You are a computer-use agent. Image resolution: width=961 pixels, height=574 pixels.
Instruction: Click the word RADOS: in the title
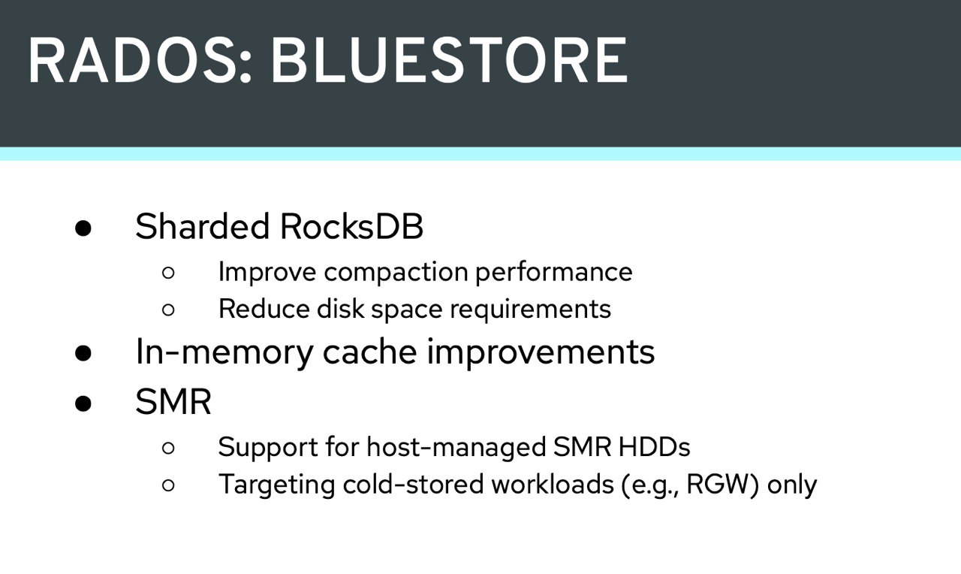coord(140,60)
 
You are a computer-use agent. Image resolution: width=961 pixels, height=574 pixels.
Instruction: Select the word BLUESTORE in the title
coord(449,60)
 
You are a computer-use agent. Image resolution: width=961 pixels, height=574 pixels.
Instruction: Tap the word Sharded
coord(202,226)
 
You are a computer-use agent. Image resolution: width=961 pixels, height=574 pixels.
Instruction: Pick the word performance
coord(554,273)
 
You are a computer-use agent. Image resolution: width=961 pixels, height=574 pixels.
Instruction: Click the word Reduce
coord(264,309)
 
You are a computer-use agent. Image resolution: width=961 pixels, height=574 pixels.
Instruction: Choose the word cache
coord(370,352)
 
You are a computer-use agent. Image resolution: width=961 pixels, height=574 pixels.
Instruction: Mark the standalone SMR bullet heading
coord(173,402)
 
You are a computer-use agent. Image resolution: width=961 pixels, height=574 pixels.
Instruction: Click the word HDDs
coord(655,447)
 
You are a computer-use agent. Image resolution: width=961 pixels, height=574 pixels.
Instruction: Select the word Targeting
coord(277,485)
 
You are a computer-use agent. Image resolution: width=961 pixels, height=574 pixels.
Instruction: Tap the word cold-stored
coord(414,484)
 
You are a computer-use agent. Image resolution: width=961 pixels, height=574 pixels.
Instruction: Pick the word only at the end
coord(792,485)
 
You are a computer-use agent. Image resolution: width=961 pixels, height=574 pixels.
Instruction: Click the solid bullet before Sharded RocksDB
coord(83,228)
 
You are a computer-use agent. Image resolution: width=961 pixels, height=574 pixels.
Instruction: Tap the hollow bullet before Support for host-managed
coord(169,449)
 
